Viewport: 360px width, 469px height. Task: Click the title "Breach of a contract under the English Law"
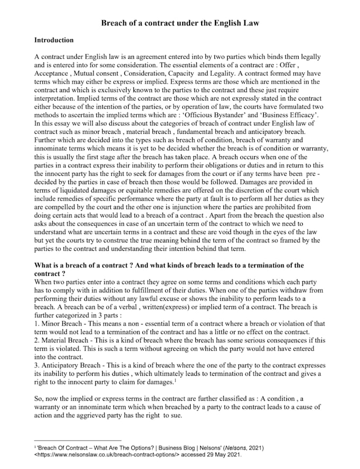pos(180,24)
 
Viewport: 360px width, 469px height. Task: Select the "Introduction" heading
pos(53,40)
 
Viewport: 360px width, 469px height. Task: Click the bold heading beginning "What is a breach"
pos(168,265)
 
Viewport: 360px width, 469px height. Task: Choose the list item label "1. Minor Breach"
pos(58,323)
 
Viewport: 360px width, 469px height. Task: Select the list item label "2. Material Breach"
pos(62,340)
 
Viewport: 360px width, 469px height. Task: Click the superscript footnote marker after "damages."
pos(175,380)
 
